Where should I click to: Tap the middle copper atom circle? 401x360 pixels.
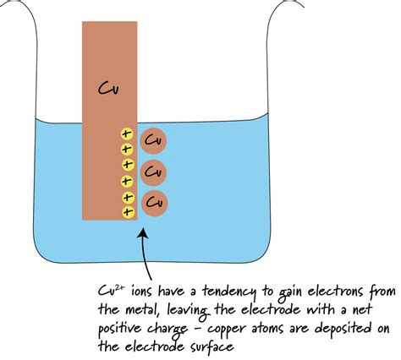(x=153, y=172)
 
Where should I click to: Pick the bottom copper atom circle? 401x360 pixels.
(x=153, y=204)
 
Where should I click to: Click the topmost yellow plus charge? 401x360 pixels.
(x=127, y=134)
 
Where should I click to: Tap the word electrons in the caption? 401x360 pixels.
(x=335, y=292)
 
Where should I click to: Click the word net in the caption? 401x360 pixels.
(x=377, y=309)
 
